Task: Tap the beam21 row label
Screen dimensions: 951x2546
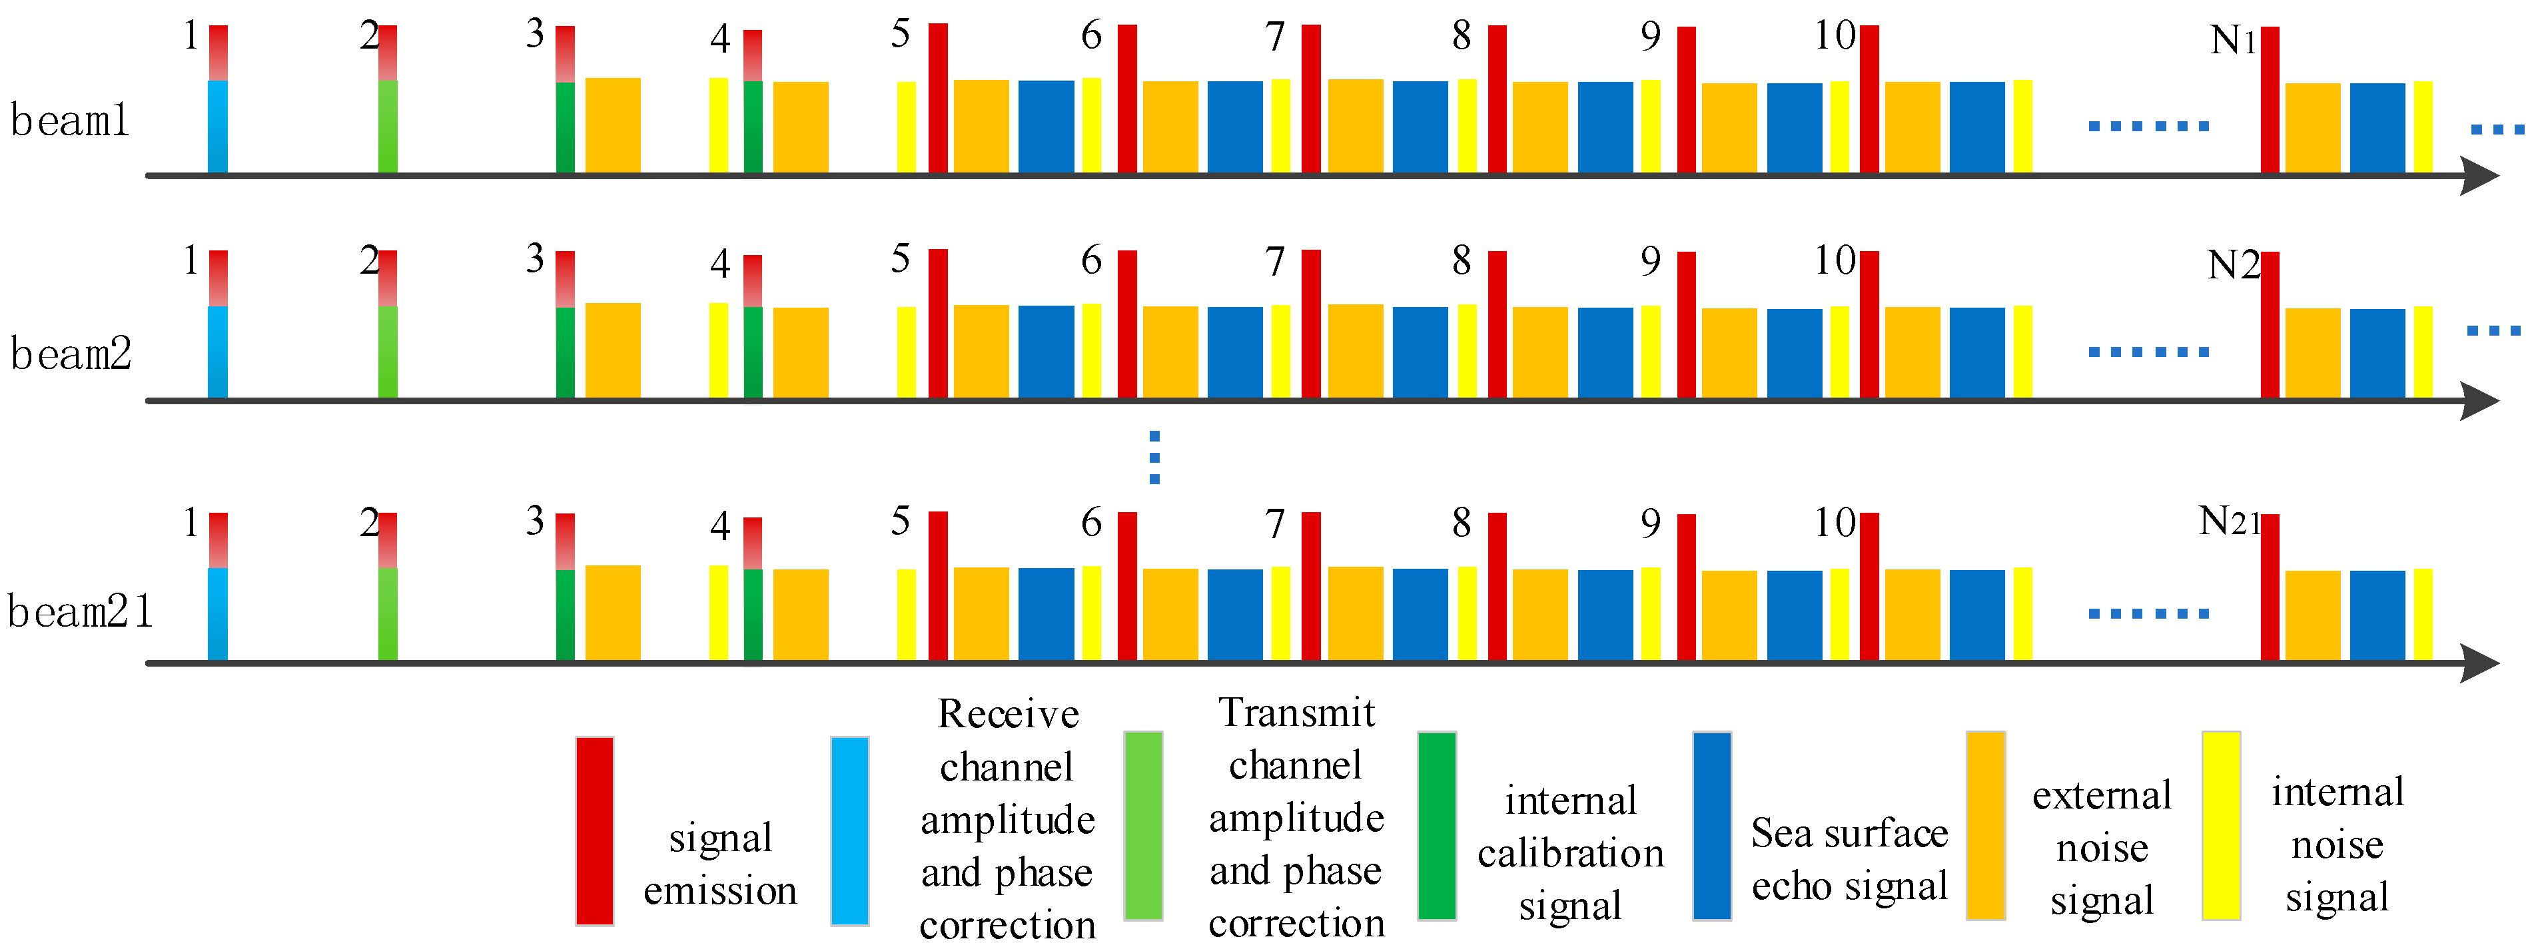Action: coord(80,612)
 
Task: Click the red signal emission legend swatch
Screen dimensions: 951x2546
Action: coord(594,830)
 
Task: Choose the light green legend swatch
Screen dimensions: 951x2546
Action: coord(1144,826)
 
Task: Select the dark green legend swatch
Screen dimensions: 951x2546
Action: coord(1436,826)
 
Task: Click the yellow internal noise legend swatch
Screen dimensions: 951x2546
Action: coord(2221,826)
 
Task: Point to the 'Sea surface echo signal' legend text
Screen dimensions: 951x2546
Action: coord(1849,859)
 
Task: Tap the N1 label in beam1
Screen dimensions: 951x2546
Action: coord(2233,41)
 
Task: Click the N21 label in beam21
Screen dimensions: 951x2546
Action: coord(2229,521)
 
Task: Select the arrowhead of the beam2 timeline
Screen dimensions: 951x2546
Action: coord(2480,402)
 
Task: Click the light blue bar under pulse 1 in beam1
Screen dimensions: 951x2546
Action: coord(217,127)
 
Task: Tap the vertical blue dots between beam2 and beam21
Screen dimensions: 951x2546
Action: coord(1154,458)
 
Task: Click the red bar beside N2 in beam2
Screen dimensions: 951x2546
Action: coord(2270,324)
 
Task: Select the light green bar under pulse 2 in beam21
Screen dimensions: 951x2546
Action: coord(388,613)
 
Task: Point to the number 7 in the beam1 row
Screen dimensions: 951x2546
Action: coord(1275,37)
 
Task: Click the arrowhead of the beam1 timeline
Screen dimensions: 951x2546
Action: coord(2480,176)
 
